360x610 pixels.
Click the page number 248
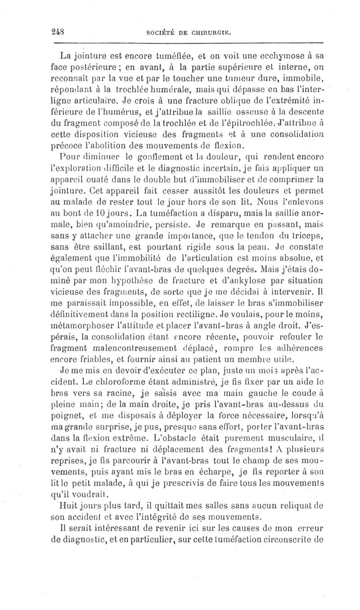58,32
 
